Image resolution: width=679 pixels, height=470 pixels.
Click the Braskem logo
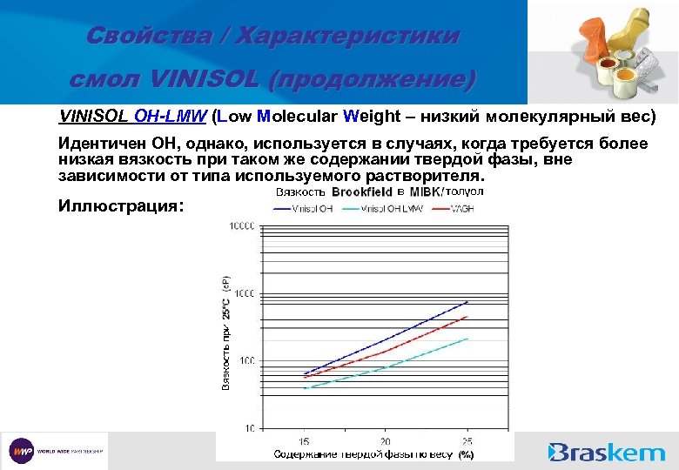607,452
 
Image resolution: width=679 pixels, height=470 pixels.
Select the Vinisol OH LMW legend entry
392,209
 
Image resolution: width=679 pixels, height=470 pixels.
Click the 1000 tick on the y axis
243,293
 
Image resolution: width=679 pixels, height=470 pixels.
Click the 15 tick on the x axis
304,441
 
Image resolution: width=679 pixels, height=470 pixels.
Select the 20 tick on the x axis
386,441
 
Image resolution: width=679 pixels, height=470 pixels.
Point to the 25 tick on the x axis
467,441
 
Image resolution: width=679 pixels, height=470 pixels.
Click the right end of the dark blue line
467,302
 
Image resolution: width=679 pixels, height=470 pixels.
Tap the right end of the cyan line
467,339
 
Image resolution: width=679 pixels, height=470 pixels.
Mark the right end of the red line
467,317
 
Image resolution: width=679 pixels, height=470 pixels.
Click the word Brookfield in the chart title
362,192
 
